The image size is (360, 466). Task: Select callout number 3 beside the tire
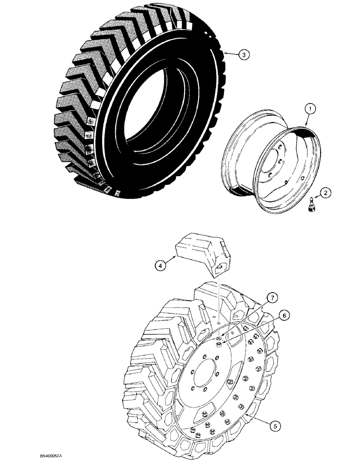[244, 55]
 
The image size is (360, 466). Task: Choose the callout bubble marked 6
[283, 315]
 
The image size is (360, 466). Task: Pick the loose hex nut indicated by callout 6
[219, 345]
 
